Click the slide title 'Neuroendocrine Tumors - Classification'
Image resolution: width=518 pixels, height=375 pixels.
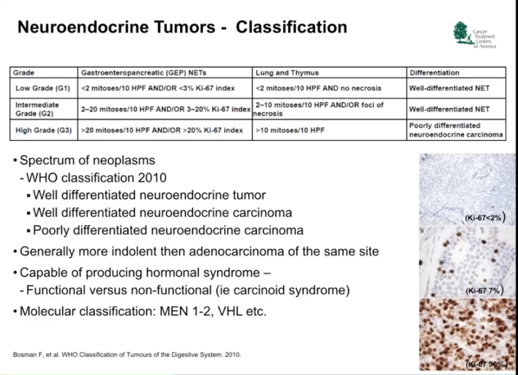click(x=181, y=28)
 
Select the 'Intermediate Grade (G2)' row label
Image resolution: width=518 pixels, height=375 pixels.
click(x=38, y=109)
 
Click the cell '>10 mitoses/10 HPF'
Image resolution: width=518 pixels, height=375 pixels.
click(x=290, y=129)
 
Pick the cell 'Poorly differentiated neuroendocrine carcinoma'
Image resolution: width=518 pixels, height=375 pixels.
click(x=455, y=130)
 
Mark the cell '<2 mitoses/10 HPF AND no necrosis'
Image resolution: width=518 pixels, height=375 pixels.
click(x=319, y=88)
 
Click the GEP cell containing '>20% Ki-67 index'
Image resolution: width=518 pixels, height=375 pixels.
click(x=162, y=129)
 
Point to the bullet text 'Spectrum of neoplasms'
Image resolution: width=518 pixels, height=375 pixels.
click(x=88, y=161)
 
